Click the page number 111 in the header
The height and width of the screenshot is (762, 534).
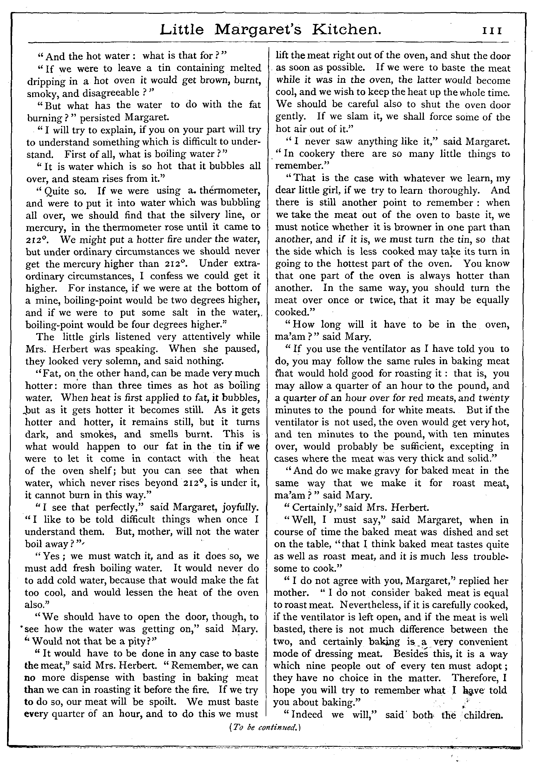pyautogui.click(x=492, y=31)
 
